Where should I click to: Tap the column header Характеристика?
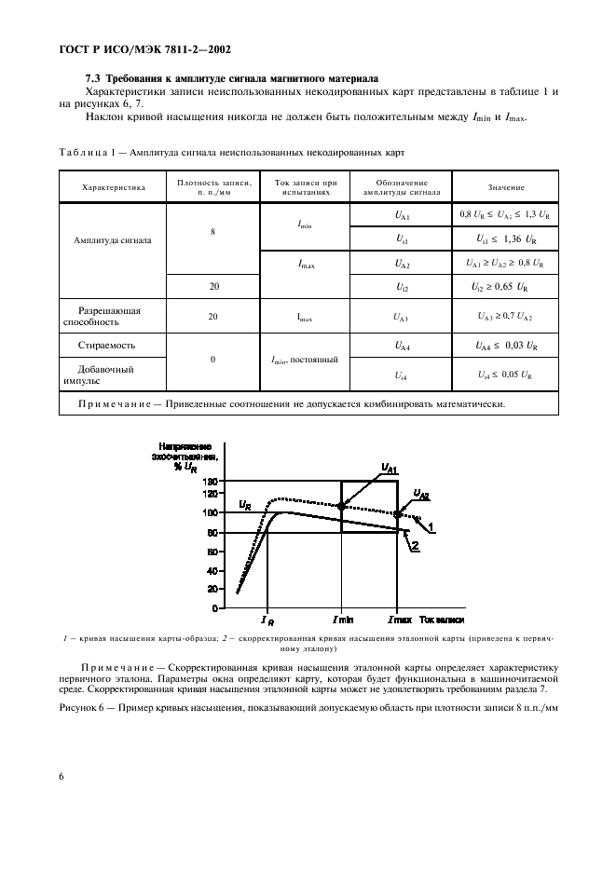(114, 187)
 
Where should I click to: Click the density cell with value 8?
(213, 229)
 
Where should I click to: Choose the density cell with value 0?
(213, 359)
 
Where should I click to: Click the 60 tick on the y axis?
(212, 551)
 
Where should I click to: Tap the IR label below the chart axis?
(267, 620)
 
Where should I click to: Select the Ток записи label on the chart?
(441, 620)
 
